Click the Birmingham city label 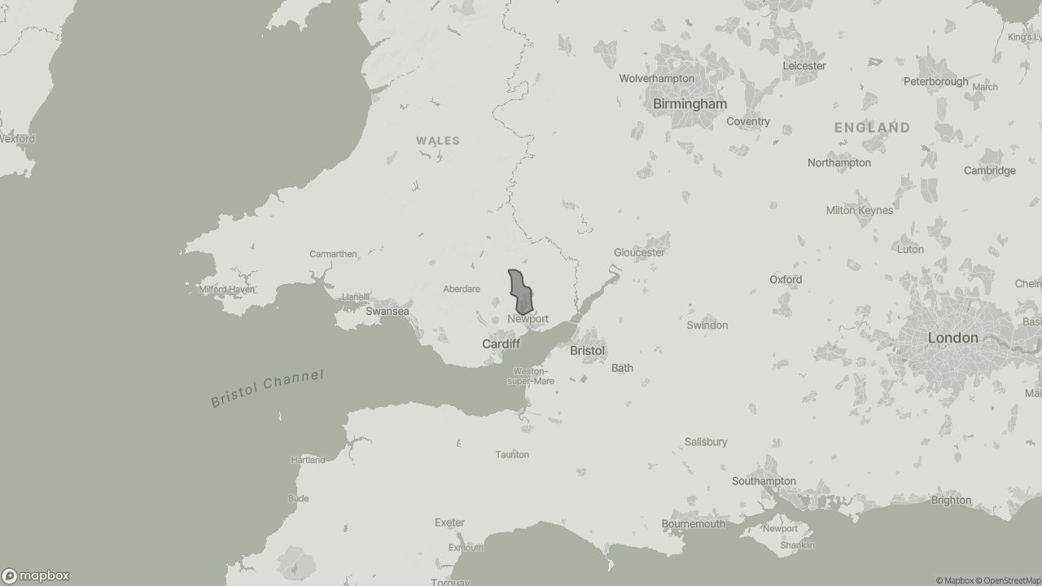pyautogui.click(x=690, y=104)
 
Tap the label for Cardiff pyautogui.click(x=501, y=344)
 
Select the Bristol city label pyautogui.click(x=587, y=351)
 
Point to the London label pyautogui.click(x=952, y=338)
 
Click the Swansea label pyautogui.click(x=387, y=312)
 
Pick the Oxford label pyautogui.click(x=786, y=279)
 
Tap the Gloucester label pyautogui.click(x=639, y=252)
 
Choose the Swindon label pyautogui.click(x=707, y=325)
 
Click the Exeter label pyautogui.click(x=449, y=523)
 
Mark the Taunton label pyautogui.click(x=512, y=454)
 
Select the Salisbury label pyautogui.click(x=706, y=442)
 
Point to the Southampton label pyautogui.click(x=764, y=481)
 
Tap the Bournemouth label pyautogui.click(x=693, y=523)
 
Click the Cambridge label pyautogui.click(x=989, y=171)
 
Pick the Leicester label pyautogui.click(x=804, y=66)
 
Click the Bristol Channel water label pyautogui.click(x=267, y=388)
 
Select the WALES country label pyautogui.click(x=438, y=141)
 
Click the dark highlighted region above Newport pyautogui.click(x=520, y=292)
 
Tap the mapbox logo pyautogui.click(x=36, y=575)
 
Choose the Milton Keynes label pyautogui.click(x=859, y=210)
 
